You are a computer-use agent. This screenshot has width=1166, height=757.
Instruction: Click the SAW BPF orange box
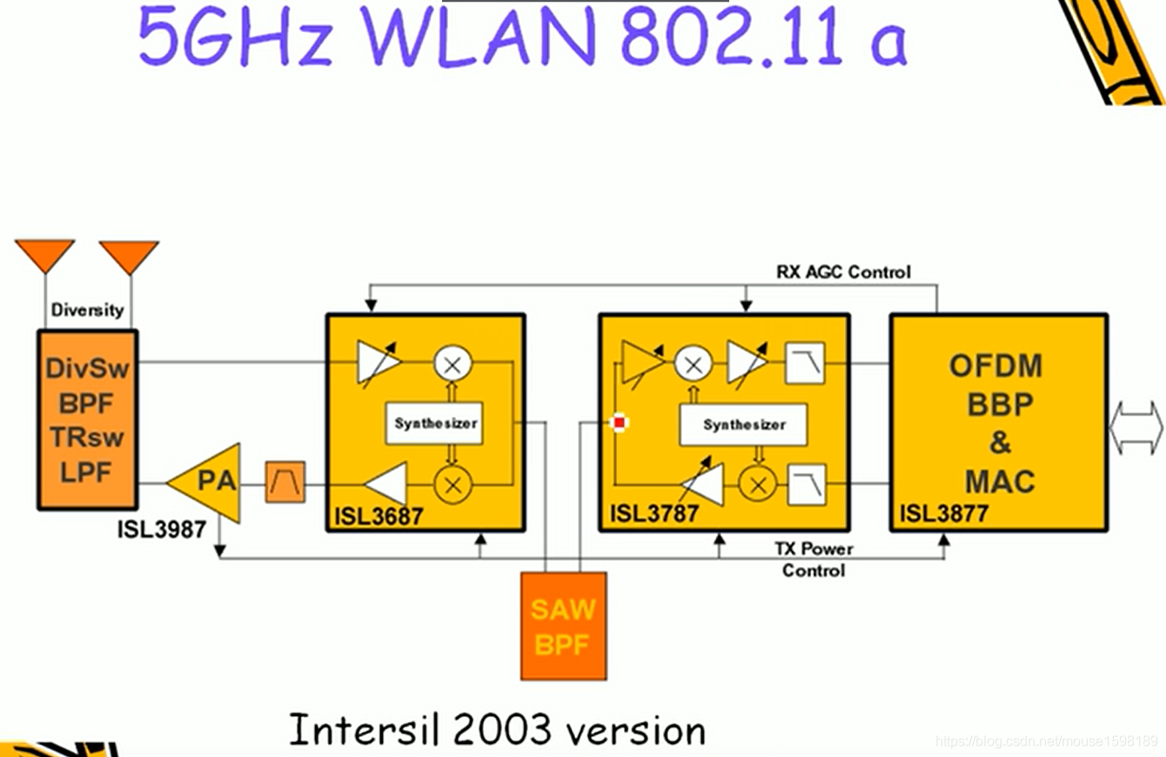[x=563, y=626]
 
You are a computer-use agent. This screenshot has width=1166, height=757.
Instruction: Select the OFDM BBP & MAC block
[x=998, y=423]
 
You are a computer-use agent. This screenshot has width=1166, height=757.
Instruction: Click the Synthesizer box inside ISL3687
[x=435, y=424]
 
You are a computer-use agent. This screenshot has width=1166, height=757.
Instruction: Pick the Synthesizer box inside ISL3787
[x=743, y=425]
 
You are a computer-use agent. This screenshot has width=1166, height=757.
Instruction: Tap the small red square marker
[x=619, y=424]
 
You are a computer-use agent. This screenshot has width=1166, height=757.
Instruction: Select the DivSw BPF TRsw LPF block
[x=87, y=419]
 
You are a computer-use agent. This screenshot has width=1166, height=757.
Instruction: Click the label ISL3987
[x=162, y=529]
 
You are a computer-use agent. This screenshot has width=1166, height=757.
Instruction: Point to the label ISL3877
[x=944, y=513]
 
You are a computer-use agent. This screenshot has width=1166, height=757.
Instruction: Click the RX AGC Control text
[x=843, y=272]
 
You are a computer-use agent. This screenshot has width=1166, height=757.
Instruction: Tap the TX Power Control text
[x=814, y=559]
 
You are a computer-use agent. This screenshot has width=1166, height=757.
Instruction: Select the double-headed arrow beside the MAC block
[x=1136, y=427]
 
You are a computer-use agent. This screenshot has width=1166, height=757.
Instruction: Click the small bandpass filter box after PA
[x=285, y=482]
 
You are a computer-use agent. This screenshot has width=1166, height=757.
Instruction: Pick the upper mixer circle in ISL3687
[x=452, y=363]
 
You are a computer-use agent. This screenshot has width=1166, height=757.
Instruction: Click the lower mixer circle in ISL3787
[x=757, y=485]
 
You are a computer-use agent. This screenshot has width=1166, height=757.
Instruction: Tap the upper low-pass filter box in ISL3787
[x=805, y=363]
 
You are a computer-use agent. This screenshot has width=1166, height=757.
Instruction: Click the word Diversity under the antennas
[x=87, y=310]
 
